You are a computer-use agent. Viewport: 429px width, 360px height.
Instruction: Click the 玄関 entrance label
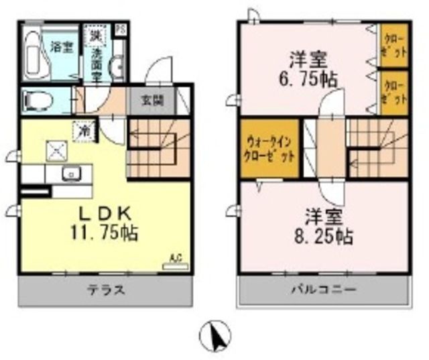coord(149,102)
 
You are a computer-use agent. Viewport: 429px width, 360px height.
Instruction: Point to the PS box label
coord(120,29)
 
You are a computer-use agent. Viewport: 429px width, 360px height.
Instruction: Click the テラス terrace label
coord(106,291)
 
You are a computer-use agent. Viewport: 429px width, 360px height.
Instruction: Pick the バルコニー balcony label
coord(323,291)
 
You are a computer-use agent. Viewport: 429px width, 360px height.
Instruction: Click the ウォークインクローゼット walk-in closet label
coord(267,152)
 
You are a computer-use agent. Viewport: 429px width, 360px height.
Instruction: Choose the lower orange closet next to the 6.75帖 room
coord(393,91)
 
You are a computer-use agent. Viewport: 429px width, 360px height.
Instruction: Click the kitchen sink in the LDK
coord(69,174)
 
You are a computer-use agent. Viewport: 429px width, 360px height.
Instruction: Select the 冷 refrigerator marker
coord(86,127)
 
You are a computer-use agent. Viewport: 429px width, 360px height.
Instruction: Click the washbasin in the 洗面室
coord(115,66)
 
